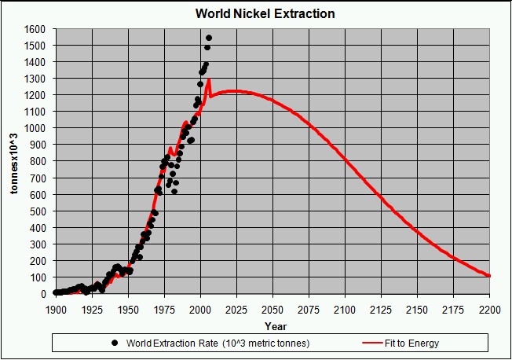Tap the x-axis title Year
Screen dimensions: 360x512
point(275,325)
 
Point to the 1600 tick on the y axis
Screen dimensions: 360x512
point(35,29)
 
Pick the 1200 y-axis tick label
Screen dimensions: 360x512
point(35,95)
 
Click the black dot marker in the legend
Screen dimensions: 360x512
point(115,343)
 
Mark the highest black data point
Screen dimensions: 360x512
point(209,38)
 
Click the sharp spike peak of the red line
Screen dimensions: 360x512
point(208,79)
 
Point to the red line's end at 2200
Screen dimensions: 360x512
point(489,276)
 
